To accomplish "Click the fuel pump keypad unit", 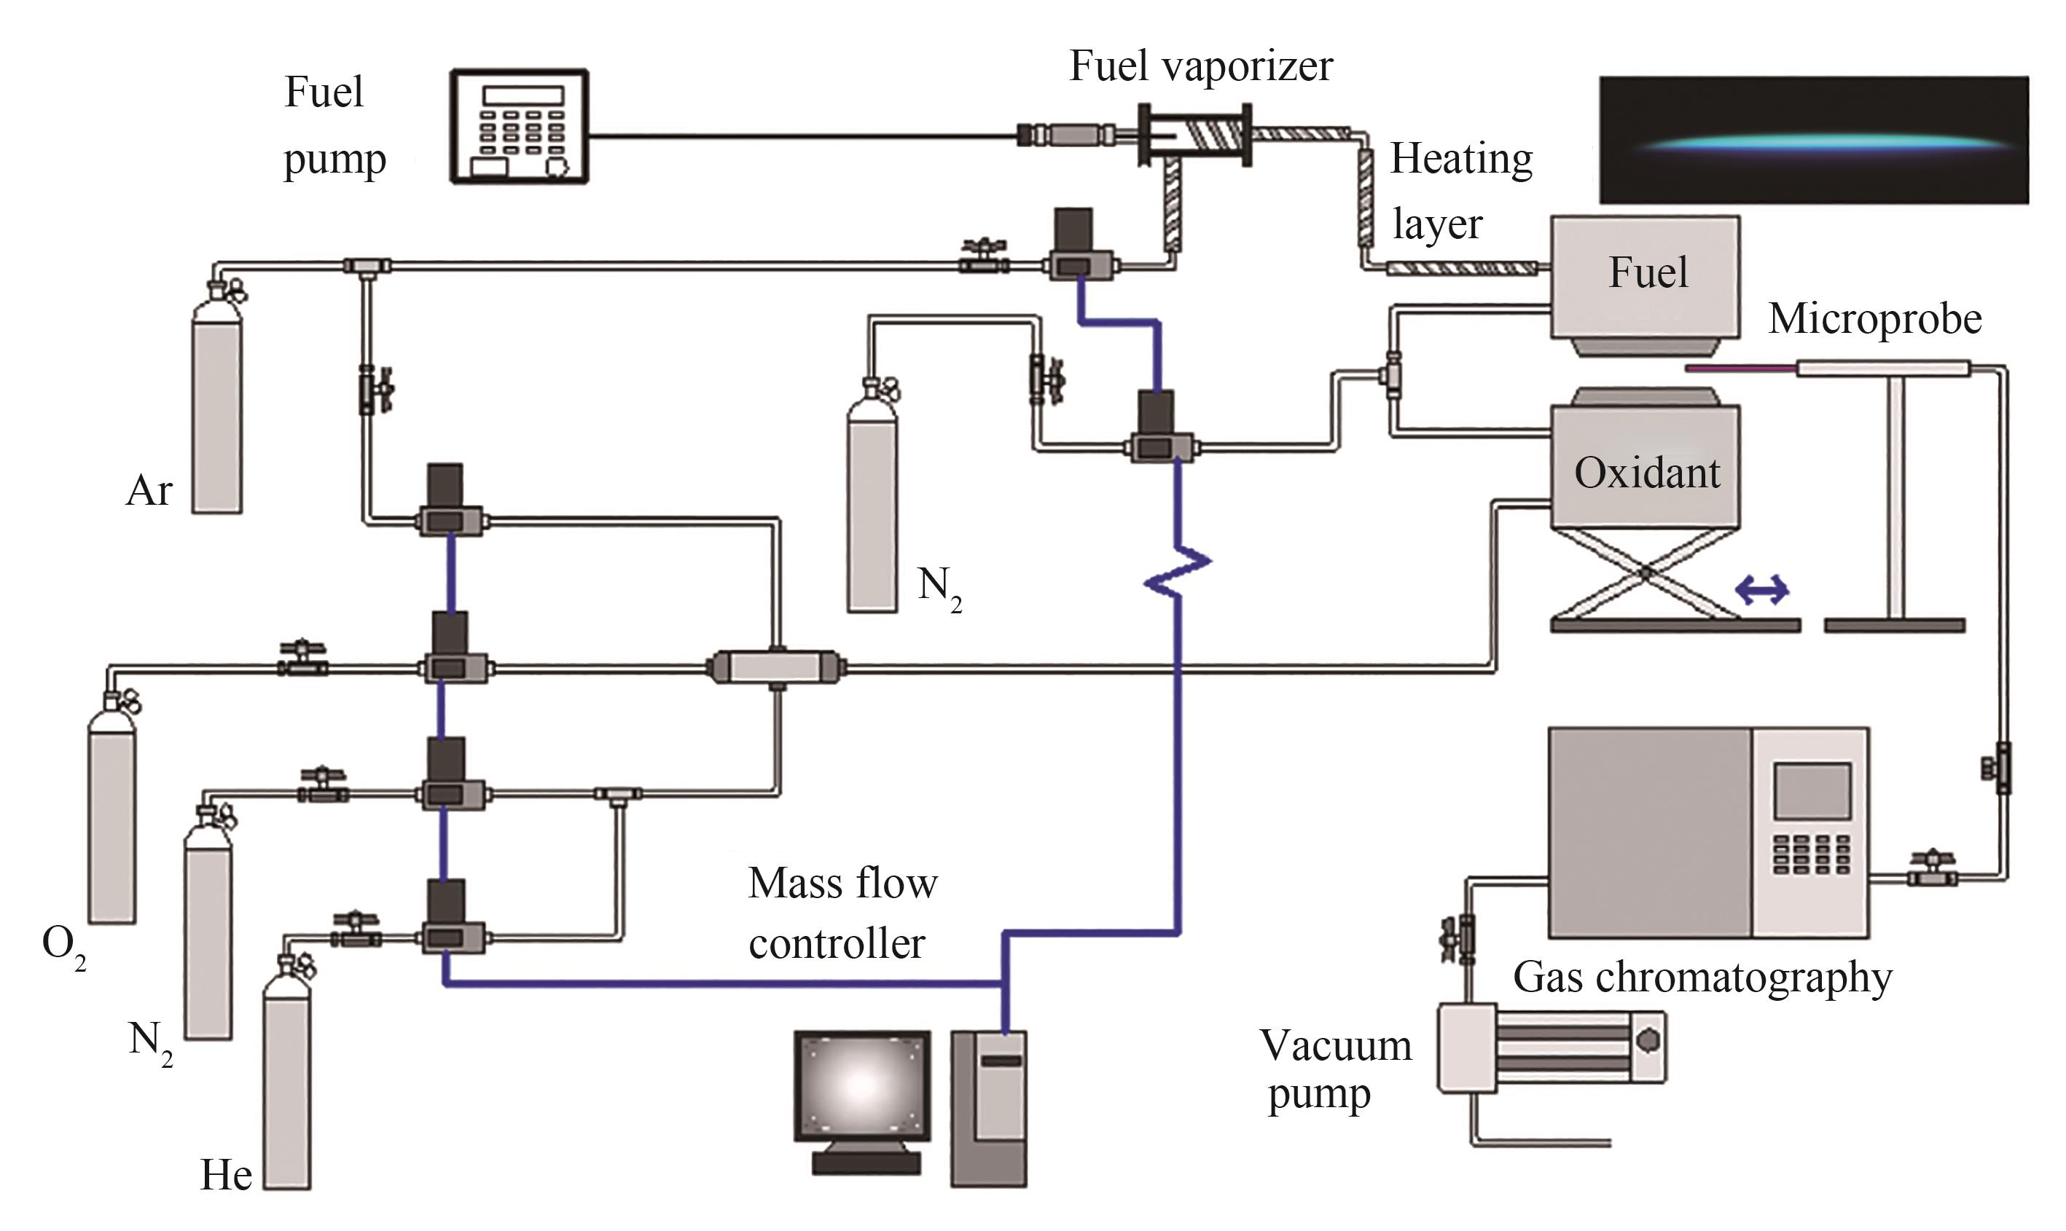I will (x=520, y=127).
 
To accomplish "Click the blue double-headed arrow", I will (x=1762, y=591).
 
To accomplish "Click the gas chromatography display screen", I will (x=1812, y=791).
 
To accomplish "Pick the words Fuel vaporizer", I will (x=1200, y=66).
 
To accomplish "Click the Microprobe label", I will (x=1874, y=319).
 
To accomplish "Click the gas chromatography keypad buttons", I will (x=1812, y=854).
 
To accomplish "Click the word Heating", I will (x=1460, y=159).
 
